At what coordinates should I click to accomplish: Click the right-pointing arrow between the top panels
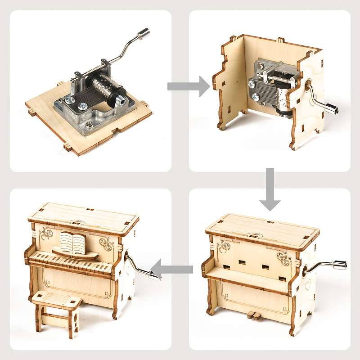188,86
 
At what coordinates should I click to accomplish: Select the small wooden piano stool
56,310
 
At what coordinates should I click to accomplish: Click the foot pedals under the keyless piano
254,315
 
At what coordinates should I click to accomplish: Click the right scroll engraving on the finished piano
107,243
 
